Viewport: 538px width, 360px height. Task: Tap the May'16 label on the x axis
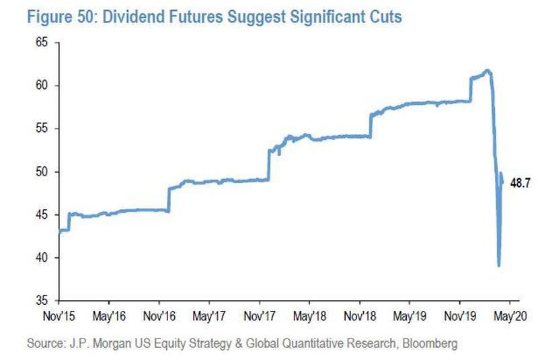click(110, 314)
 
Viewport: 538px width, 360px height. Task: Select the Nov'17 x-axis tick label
click(261, 314)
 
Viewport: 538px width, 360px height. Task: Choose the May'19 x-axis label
click(412, 314)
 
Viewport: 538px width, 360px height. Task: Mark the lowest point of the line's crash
click(498, 265)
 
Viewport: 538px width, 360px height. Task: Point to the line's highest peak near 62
click(488, 70)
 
